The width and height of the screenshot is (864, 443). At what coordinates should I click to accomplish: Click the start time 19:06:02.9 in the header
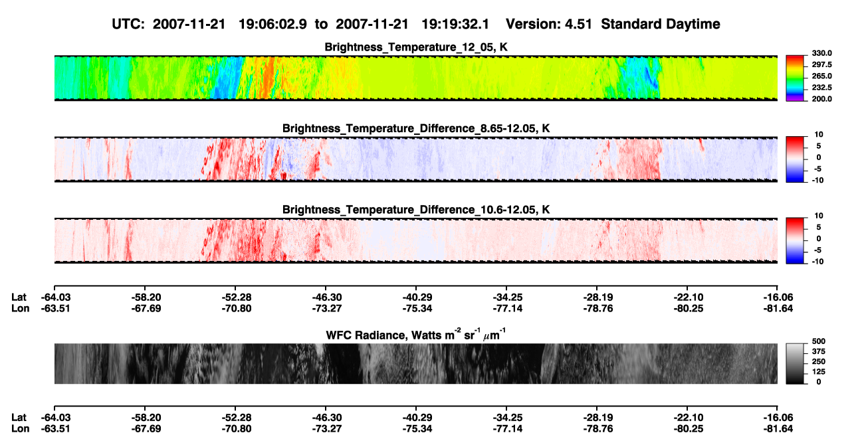[272, 25]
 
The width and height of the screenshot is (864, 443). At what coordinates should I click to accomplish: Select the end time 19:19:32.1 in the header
[455, 25]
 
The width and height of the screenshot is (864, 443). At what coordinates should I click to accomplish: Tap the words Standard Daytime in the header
[661, 25]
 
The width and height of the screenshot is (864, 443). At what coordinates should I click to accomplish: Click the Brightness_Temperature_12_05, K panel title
[416, 47]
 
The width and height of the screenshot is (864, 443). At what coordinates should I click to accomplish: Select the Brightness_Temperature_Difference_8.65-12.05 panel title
[416, 128]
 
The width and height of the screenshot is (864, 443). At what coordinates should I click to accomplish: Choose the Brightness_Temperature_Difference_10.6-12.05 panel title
[416, 210]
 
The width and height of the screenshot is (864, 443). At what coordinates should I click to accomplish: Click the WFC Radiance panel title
[416, 335]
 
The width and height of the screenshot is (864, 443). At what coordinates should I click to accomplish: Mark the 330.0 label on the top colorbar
[821, 53]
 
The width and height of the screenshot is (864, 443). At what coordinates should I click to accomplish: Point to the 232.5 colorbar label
[821, 88]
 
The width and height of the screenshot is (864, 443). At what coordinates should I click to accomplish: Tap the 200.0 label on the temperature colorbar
[821, 99]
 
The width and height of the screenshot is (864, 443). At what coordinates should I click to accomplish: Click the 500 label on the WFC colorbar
[819, 341]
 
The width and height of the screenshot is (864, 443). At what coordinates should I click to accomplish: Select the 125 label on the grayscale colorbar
[819, 372]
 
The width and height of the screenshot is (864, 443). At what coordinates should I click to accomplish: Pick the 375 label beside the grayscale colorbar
[819, 351]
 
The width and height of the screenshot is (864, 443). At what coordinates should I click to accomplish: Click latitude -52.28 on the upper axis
[237, 298]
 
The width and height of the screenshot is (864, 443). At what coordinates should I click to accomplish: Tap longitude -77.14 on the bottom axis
[508, 429]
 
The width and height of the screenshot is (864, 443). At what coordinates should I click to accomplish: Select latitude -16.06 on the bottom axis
[778, 418]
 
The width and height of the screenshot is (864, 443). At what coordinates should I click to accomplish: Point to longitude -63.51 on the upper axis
[56, 308]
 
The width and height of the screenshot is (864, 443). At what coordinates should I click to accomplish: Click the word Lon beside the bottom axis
[21, 429]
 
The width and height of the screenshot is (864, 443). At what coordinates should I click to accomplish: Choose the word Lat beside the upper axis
[19, 298]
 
